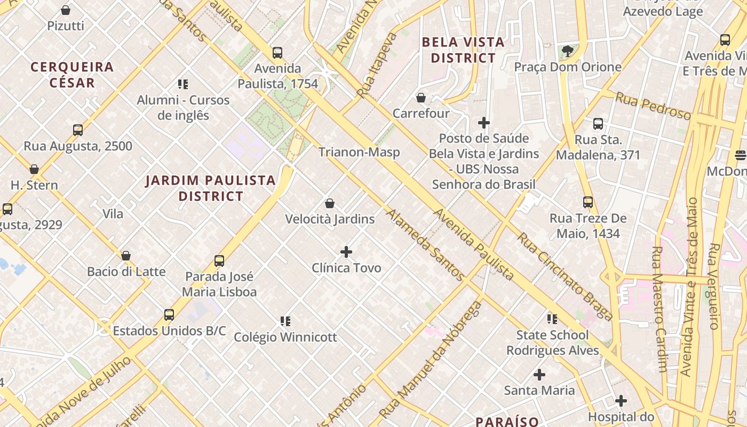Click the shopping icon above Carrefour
click(421, 98)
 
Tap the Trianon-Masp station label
click(359, 152)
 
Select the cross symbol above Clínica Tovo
click(346, 251)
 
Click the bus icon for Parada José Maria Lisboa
click(219, 261)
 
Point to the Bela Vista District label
click(463, 50)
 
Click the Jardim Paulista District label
click(211, 188)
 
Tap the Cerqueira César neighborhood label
click(72, 75)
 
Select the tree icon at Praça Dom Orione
click(568, 51)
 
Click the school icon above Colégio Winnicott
click(285, 321)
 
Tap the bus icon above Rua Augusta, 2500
click(78, 130)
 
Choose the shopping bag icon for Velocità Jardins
click(330, 203)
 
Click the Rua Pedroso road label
click(653, 106)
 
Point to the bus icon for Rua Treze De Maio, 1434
click(588, 202)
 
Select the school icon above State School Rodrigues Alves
click(552, 319)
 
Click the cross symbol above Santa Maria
click(539, 374)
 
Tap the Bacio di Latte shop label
click(126, 271)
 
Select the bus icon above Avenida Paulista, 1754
click(277, 53)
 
